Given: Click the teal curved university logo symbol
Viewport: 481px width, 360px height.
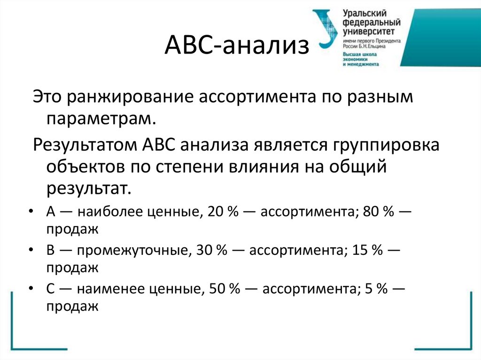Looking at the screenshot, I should click(x=325, y=28).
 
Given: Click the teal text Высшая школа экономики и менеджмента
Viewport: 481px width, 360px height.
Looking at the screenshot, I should click(x=361, y=59).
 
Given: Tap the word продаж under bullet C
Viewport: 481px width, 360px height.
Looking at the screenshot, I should click(x=72, y=306).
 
